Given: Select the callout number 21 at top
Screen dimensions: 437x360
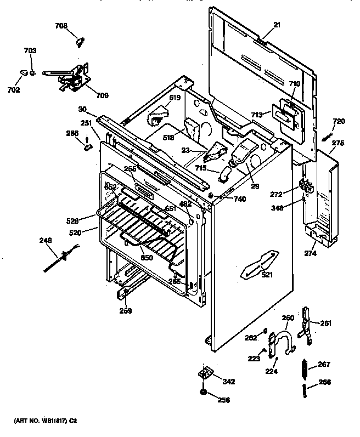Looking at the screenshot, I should click(x=276, y=25).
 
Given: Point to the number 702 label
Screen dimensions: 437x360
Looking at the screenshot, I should click(x=14, y=89).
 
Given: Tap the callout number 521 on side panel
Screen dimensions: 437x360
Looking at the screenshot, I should click(x=267, y=275).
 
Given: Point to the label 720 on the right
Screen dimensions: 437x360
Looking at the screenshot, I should click(x=339, y=121).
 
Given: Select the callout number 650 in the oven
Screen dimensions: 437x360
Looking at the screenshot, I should click(x=147, y=258).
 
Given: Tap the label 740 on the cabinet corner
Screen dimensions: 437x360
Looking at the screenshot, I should click(x=239, y=199).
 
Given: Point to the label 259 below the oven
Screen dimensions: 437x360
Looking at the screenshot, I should click(x=126, y=313).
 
